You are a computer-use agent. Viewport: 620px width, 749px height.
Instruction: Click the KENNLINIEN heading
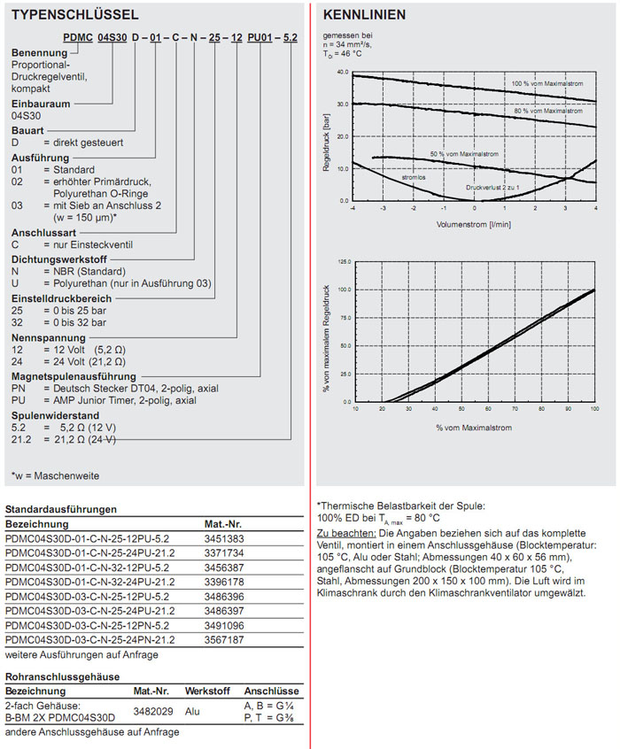(x=365, y=15)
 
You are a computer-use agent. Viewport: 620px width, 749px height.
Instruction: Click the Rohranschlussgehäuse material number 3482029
(x=151, y=710)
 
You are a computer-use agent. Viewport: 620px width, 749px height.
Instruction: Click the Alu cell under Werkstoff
(x=193, y=710)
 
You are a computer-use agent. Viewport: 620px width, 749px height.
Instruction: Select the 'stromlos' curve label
(x=413, y=177)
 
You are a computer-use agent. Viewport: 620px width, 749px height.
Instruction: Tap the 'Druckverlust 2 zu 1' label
(x=486, y=188)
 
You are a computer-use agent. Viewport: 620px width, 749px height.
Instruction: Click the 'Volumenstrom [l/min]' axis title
(x=474, y=224)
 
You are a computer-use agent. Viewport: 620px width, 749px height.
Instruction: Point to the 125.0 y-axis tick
(x=344, y=263)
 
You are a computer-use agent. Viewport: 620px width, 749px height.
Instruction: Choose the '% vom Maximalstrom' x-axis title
(x=474, y=428)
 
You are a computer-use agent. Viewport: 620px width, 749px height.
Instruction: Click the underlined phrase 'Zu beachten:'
(x=346, y=534)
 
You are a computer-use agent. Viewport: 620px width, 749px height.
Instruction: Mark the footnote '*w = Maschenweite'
(x=55, y=475)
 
